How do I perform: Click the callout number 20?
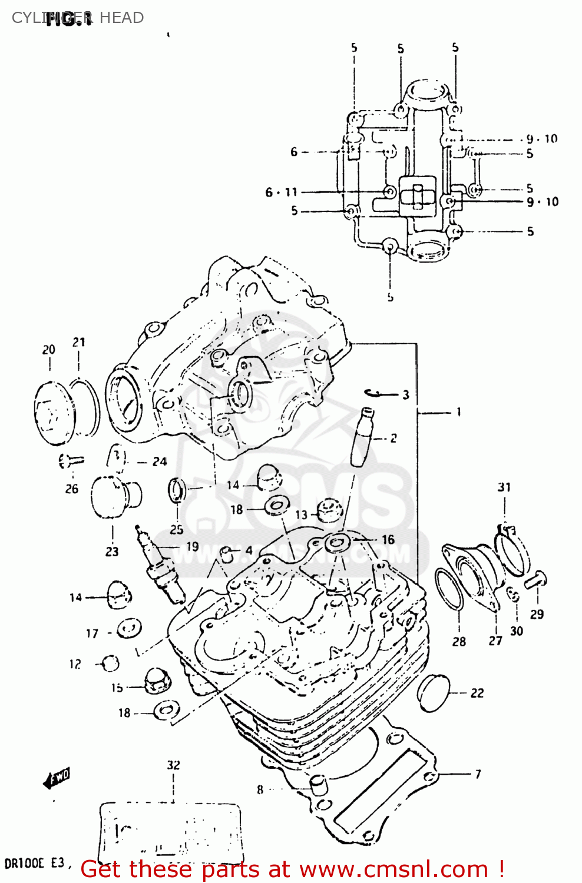[x=48, y=350]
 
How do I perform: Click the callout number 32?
[x=173, y=765]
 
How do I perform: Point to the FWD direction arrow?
[x=57, y=778]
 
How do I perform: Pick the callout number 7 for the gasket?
[x=478, y=774]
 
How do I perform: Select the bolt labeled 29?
[x=535, y=580]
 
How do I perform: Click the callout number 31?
[x=504, y=487]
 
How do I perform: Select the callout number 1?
[x=458, y=412]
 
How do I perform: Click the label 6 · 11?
[x=281, y=192]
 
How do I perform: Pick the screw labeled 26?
[x=71, y=461]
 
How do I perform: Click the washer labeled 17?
[x=128, y=628]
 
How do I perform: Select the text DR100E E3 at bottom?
[x=34, y=864]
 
